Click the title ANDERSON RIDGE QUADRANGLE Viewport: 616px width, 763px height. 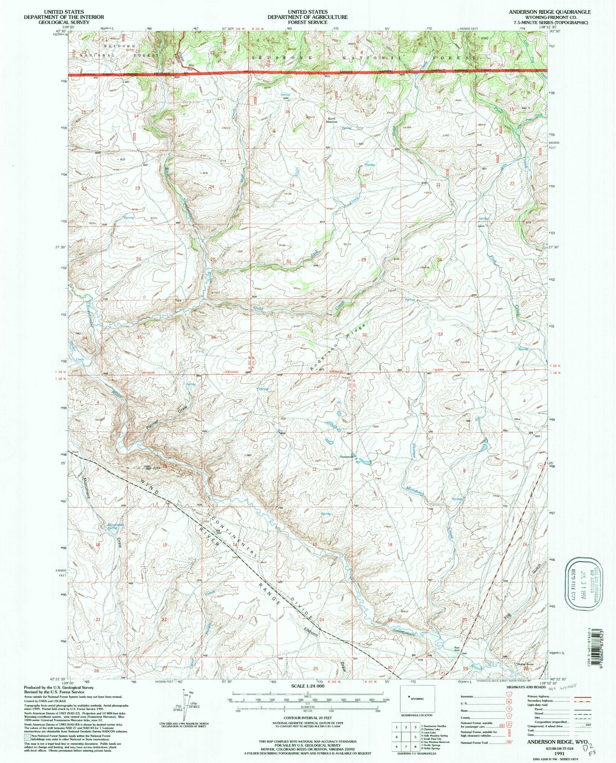(x=549, y=12)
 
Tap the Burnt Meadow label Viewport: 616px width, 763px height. (x=331, y=120)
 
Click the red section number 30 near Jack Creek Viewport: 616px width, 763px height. (x=289, y=261)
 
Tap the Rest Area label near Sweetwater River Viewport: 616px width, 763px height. (x=457, y=649)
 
